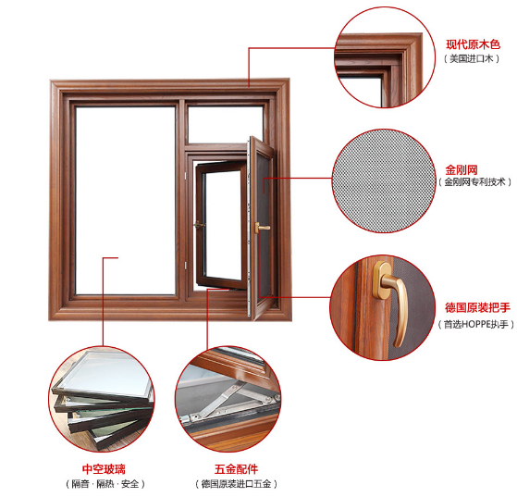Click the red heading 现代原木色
tap(473, 44)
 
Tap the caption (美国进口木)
tap(472, 58)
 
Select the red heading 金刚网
tap(462, 170)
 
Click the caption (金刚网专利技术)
tap(474, 181)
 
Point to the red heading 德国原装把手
tap(477, 307)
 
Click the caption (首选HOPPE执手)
tap(475, 325)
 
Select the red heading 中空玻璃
tap(104, 469)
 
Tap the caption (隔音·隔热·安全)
tap(105, 484)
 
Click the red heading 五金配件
tap(236, 469)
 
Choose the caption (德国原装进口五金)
tap(236, 484)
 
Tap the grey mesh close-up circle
tap(383, 180)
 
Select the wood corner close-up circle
tap(385, 57)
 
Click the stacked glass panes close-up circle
tap(102, 399)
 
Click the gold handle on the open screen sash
tap(262, 228)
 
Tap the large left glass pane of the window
tap(125, 200)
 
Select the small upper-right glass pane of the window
tap(226, 124)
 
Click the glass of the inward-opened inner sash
tap(223, 225)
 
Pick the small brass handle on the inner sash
tap(200, 225)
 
